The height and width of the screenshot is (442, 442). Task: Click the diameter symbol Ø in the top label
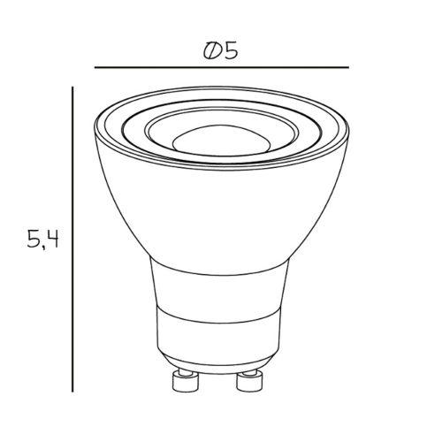click(x=212, y=51)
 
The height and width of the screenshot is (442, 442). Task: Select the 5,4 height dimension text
click(x=42, y=240)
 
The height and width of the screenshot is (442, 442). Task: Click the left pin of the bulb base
click(x=185, y=381)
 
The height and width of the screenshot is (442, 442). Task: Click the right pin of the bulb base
click(x=249, y=381)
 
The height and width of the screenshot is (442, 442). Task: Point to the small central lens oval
click(x=221, y=141)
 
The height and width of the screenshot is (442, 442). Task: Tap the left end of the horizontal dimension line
click(x=95, y=67)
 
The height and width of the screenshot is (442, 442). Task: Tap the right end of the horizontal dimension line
click(x=348, y=67)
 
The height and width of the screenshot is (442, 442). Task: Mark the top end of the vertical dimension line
click(x=72, y=87)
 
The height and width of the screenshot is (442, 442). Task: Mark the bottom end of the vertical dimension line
click(x=72, y=392)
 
